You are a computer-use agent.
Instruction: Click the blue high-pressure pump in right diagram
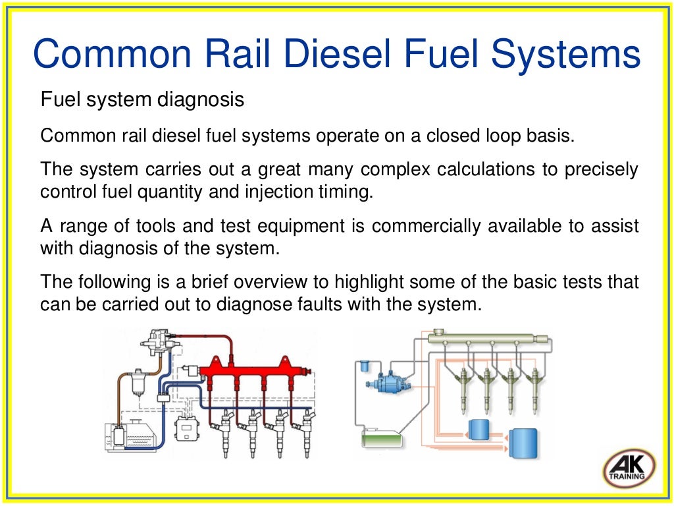click(386, 380)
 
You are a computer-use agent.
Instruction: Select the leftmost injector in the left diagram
click(223, 428)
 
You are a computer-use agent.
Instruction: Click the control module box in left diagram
click(187, 430)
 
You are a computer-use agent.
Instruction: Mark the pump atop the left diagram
click(158, 343)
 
